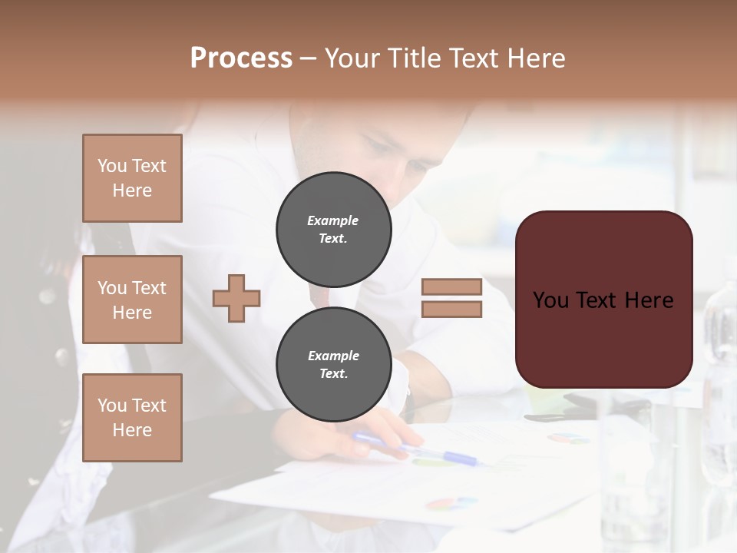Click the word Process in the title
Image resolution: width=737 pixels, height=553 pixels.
(x=241, y=58)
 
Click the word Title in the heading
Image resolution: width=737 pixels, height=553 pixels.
(x=411, y=58)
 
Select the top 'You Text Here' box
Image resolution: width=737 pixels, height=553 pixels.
(x=132, y=178)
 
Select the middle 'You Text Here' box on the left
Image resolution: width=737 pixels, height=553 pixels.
(x=132, y=300)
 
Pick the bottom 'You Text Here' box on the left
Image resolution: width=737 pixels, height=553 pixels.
(x=132, y=418)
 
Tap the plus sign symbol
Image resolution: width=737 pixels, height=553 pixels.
(x=236, y=297)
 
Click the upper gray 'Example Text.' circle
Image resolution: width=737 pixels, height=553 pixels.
(x=333, y=230)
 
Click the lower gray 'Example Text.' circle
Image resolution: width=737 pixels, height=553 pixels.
(x=333, y=365)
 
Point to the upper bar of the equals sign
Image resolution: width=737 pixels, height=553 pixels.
(x=451, y=287)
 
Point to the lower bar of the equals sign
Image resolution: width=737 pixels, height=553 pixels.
(x=451, y=309)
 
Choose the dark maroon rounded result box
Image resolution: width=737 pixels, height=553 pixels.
(x=603, y=300)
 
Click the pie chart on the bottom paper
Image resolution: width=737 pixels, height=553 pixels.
(x=451, y=503)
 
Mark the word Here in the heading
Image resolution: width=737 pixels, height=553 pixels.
(x=537, y=58)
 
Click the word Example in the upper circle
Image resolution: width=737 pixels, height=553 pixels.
(x=332, y=220)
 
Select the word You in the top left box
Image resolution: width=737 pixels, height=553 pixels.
(x=112, y=166)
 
